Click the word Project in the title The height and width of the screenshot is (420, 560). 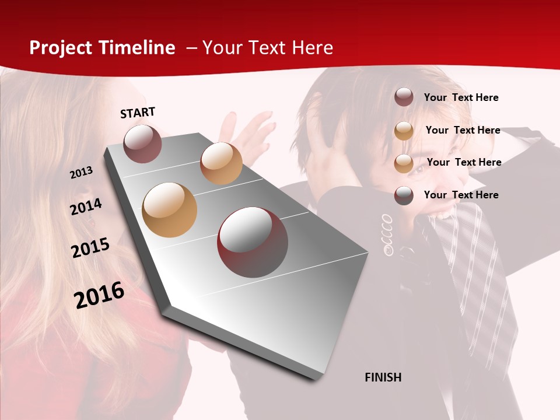pos(61,48)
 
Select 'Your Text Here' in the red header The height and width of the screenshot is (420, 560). pos(268,48)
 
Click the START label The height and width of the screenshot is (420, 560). pos(138,113)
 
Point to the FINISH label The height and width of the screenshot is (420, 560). pos(383,377)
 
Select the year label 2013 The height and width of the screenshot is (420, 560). pos(81,173)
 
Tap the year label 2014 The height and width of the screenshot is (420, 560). pos(86,206)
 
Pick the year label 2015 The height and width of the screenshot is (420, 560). pos(90,248)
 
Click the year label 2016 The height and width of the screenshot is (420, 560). pos(99,295)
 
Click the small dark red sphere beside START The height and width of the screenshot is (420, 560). pos(142,143)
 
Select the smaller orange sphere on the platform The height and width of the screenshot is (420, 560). pos(221,163)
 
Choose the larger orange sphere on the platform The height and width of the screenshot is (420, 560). pos(169,210)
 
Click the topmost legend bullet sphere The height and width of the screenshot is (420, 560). pos(404,97)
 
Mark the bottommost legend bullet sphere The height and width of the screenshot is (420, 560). pos(404,195)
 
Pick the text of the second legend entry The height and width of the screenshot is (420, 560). pos(463,130)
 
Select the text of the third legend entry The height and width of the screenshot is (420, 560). pos(464,162)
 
